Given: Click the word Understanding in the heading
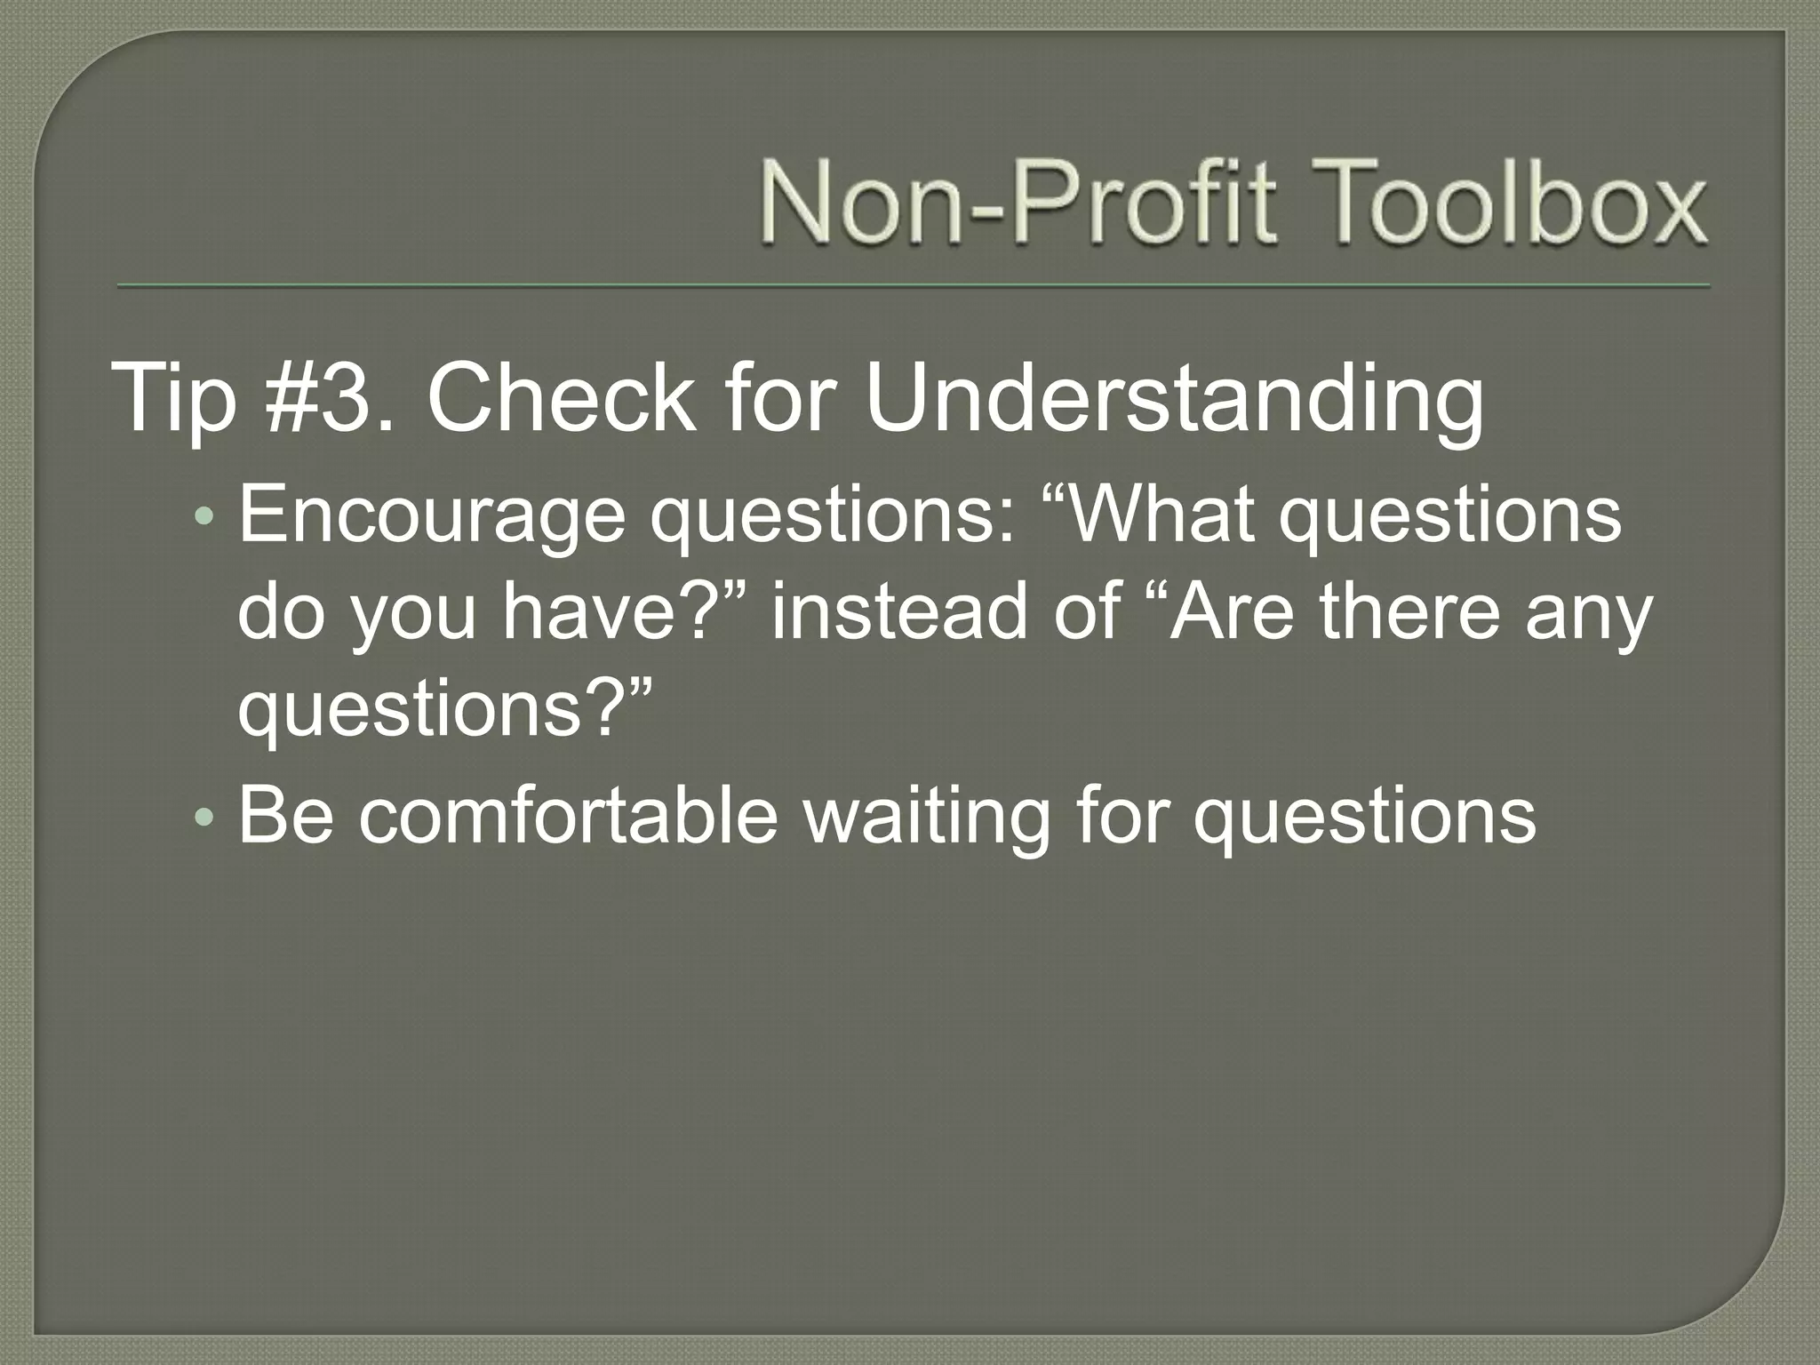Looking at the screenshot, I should pos(1174,400).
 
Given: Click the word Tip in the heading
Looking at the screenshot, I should pos(174,400).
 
